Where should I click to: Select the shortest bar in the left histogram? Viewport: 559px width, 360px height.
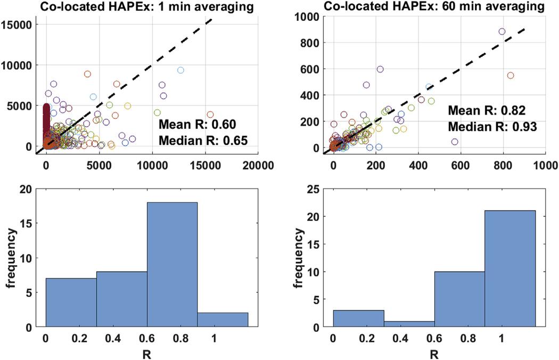[x=223, y=320]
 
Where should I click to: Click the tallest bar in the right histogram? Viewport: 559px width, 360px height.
[x=510, y=268]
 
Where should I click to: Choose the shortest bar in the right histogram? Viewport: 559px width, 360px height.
[x=409, y=324]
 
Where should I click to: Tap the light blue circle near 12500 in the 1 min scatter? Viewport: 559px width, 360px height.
[x=180, y=70]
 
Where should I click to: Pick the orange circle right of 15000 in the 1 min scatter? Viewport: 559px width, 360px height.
[x=210, y=114]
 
